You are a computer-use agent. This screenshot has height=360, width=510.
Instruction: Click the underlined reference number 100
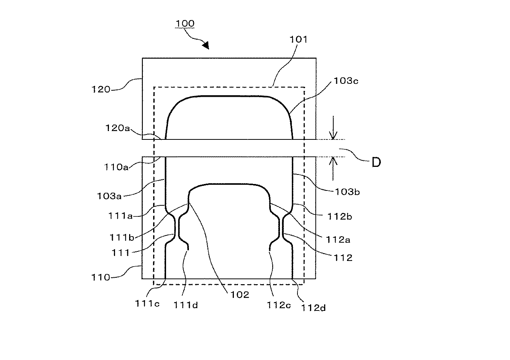pos(185,24)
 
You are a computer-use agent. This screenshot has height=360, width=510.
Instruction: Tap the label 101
pos(298,40)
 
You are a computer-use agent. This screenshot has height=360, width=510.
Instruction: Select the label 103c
pos(346,81)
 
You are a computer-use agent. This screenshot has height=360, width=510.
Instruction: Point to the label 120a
pos(117,128)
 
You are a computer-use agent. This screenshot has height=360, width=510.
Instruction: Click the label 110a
pos(116,167)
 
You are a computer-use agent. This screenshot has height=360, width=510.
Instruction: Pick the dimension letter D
pos(376,163)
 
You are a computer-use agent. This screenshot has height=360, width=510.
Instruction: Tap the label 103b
pos(347,192)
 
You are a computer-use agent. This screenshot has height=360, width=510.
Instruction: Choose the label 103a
pos(109,196)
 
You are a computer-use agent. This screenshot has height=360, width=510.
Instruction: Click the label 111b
pos(122,238)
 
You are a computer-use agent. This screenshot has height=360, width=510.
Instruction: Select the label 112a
pos(338,240)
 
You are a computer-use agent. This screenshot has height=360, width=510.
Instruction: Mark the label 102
pos(240,295)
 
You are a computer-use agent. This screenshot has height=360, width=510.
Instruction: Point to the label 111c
pos(147,304)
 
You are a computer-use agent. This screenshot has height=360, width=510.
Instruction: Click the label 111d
pos(185,305)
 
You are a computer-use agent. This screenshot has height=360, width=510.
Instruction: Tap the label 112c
pos(279,305)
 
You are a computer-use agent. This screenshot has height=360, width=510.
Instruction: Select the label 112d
pos(313,308)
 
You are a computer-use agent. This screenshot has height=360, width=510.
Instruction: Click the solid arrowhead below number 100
pos(206,45)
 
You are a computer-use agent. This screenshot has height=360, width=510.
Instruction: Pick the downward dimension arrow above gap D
pos(333,128)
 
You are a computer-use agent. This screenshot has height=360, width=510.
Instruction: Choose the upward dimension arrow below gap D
pos(333,169)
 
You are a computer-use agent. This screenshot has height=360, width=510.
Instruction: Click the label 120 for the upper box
pos(101,89)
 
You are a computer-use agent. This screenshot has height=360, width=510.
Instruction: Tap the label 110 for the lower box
pos(101,277)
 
